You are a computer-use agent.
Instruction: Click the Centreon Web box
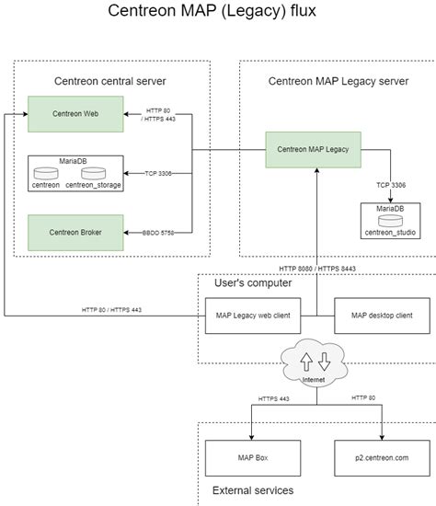click(75, 114)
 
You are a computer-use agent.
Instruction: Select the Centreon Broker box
click(75, 233)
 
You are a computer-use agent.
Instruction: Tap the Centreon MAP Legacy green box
click(313, 150)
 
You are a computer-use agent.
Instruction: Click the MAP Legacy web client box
click(253, 316)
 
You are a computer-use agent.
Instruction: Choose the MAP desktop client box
click(382, 316)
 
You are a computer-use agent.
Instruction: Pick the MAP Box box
click(253, 458)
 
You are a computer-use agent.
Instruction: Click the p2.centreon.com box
click(382, 458)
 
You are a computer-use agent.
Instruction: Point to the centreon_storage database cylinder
click(93, 173)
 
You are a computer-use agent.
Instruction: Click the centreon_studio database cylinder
click(391, 221)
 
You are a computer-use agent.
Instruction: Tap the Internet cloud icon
click(314, 362)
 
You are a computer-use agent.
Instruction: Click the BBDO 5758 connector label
click(158, 233)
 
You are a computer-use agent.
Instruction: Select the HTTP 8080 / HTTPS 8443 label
click(317, 269)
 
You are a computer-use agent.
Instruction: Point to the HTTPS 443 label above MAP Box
click(274, 399)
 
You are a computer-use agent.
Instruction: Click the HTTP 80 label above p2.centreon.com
click(363, 397)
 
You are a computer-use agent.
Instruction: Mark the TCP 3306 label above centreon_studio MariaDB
click(391, 185)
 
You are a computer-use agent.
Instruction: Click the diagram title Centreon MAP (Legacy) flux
click(212, 11)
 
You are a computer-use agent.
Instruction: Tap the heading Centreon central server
click(110, 81)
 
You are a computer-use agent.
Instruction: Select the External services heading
click(253, 490)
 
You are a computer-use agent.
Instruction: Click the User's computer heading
click(253, 283)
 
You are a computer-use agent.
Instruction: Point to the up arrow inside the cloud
click(306, 362)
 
